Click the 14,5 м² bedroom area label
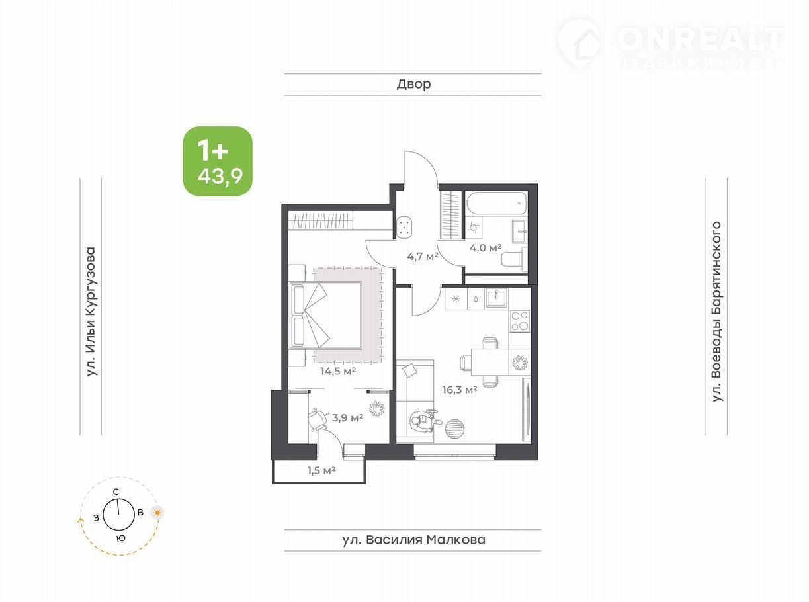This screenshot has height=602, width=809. tap(338, 371)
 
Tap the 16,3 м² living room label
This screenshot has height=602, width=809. tap(460, 390)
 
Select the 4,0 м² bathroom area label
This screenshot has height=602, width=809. tap(485, 248)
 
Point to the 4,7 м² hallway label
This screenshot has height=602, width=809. tap(423, 256)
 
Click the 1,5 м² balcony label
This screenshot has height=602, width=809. tap(321, 470)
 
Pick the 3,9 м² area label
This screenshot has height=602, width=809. tap(347, 417)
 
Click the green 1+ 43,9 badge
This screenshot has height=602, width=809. tap(218, 161)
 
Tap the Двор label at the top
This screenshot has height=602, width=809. tap(413, 84)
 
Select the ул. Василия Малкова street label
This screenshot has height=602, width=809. tap(413, 540)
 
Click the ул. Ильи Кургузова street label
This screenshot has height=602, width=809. tap(91, 312)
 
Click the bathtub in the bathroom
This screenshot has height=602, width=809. tap(496, 203)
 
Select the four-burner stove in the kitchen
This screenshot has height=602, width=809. tap(520, 321)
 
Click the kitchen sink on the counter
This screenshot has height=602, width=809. tap(496, 298)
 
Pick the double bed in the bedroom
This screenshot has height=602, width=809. tap(325, 315)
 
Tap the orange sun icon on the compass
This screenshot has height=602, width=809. tap(157, 513)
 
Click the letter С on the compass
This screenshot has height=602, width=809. tap(116, 492)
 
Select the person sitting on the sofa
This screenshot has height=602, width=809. tap(424, 422)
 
